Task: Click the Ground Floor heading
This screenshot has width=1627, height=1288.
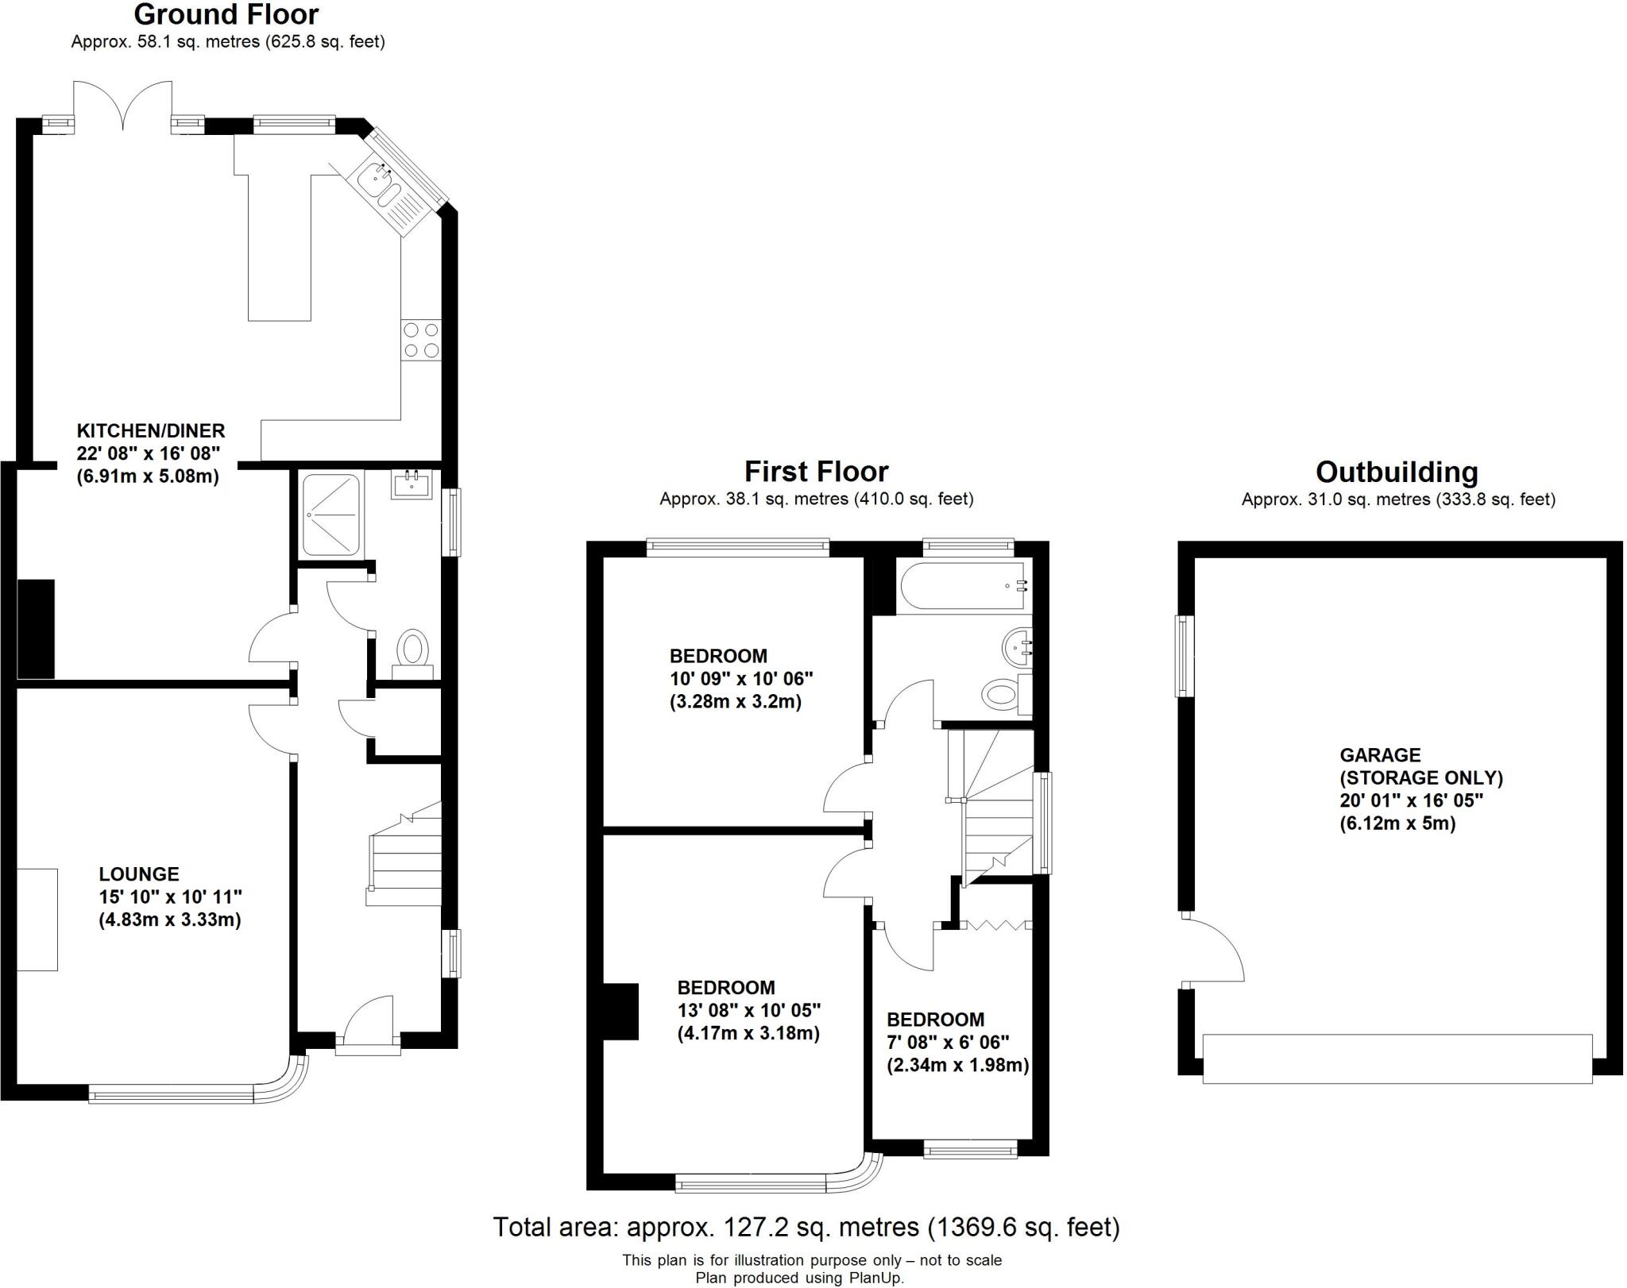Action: point(226,14)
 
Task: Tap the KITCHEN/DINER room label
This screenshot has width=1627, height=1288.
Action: point(150,431)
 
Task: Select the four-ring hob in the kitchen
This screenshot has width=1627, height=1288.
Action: point(421,340)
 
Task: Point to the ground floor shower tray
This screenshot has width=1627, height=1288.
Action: point(330,515)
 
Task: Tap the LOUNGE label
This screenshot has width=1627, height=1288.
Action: point(139,874)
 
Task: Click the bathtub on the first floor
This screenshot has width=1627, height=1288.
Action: point(964,585)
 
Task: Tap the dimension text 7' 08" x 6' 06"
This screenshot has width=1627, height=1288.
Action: point(937,1042)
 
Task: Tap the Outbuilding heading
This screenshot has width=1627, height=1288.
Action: point(1397,472)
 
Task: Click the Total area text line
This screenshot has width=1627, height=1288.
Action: point(806,1227)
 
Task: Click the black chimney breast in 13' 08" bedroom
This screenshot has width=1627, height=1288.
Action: point(621,1011)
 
